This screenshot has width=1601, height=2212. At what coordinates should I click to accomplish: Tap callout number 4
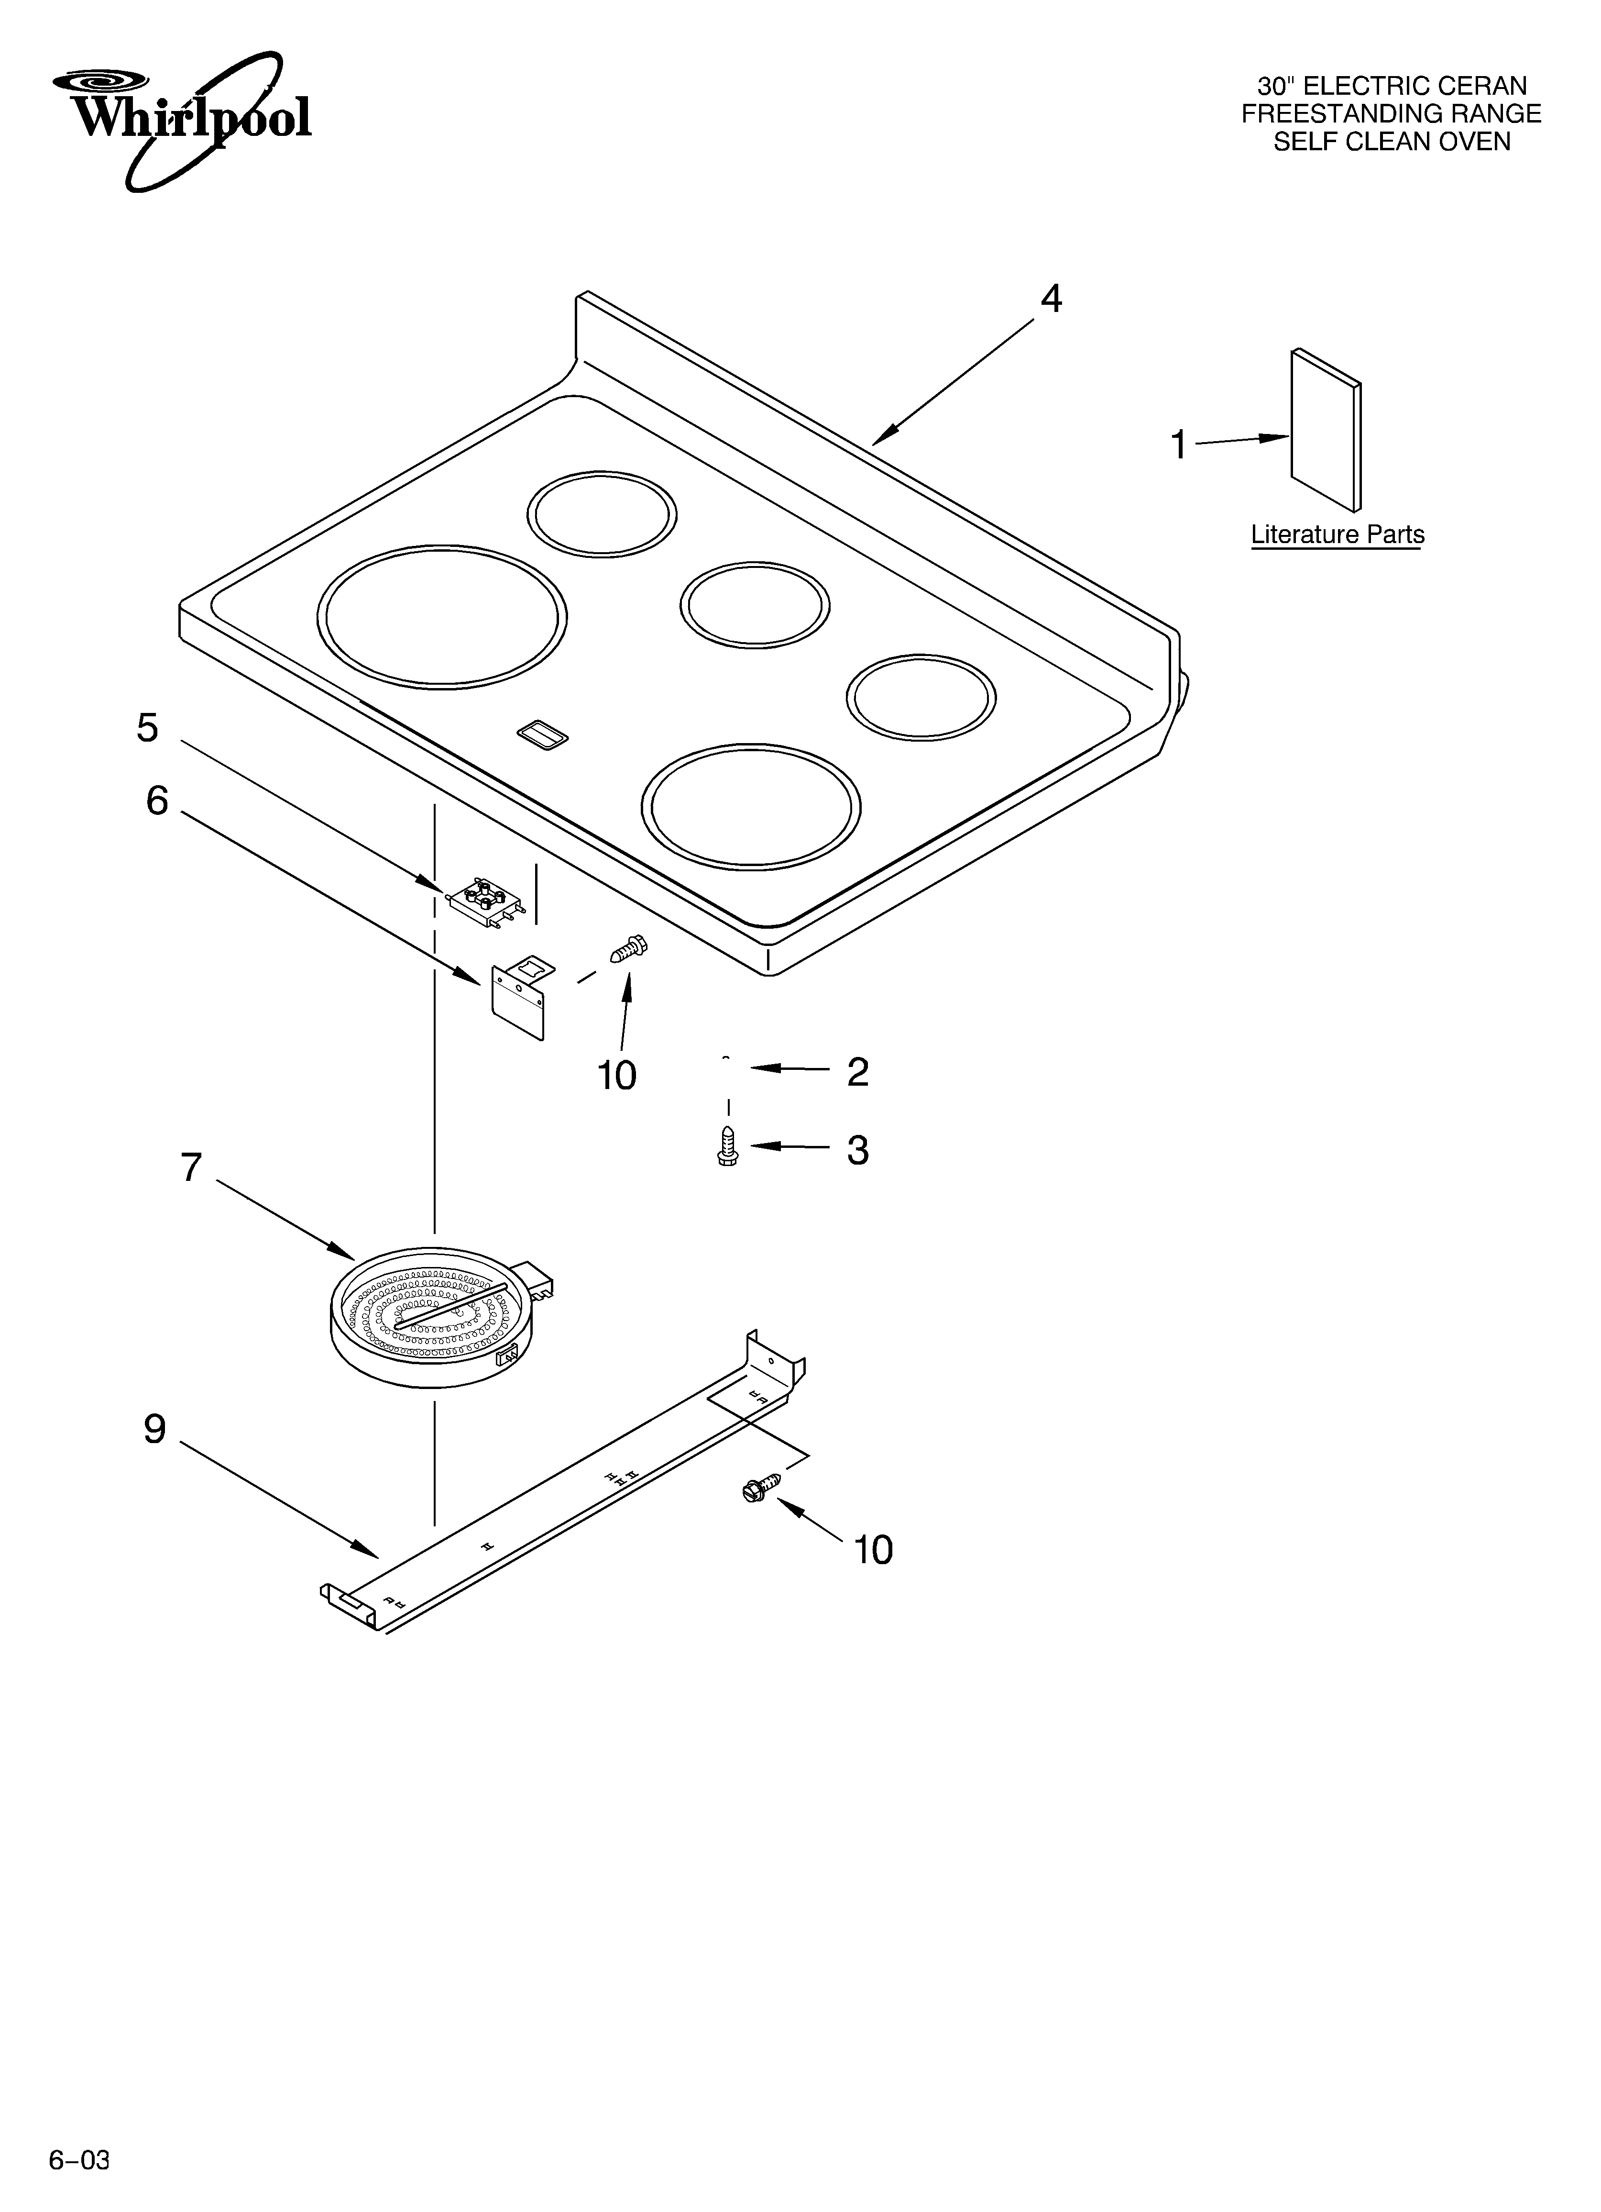[x=1050, y=299]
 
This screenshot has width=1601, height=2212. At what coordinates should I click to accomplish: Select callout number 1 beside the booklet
[x=1179, y=445]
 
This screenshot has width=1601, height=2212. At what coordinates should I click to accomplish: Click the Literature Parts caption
[x=1337, y=534]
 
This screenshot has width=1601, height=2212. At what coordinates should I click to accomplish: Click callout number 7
[x=191, y=1167]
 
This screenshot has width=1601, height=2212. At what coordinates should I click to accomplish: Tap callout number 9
[x=155, y=1429]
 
